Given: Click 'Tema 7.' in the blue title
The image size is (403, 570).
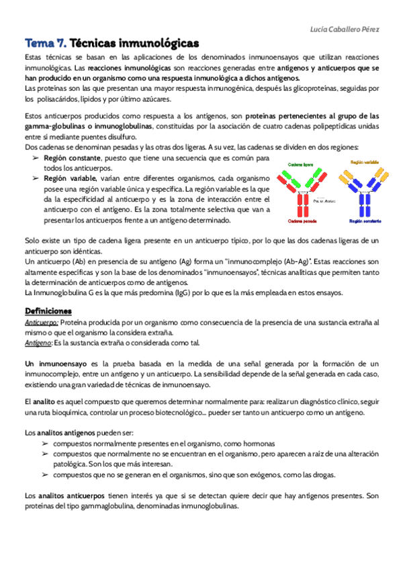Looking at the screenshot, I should (x=44, y=43).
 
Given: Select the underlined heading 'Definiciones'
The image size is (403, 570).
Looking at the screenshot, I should (x=48, y=311).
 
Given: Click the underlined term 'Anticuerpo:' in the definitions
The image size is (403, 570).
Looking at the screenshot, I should (x=41, y=323).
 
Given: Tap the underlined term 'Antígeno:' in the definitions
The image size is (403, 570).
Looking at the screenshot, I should (x=38, y=343).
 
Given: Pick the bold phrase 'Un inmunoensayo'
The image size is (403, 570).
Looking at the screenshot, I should (x=52, y=363).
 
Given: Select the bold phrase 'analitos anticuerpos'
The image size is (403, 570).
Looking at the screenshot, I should (x=69, y=496).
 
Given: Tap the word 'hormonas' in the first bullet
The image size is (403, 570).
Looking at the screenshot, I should (x=257, y=444).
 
